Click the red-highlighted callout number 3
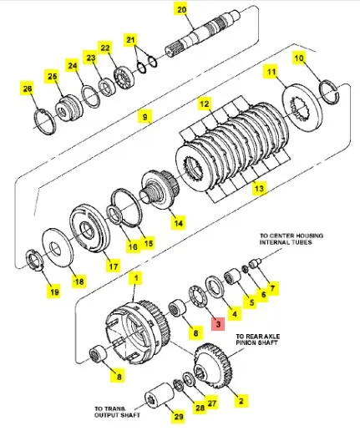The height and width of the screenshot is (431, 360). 218,324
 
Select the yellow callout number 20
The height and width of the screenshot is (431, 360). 182,10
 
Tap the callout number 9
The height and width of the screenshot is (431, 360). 145,116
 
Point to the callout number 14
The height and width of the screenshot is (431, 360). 178,222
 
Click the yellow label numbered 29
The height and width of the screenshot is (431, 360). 179,416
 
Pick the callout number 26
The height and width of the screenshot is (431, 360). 28,89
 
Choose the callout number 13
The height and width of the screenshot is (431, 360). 259,188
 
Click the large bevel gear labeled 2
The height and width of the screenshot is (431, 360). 214,365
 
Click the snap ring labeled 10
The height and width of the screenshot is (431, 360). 330,92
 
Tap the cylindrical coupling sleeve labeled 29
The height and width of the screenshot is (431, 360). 160,395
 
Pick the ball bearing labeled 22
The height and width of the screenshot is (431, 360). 124,77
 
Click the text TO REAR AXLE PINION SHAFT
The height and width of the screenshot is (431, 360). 258,339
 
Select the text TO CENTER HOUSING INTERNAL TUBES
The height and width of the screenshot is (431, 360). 292,239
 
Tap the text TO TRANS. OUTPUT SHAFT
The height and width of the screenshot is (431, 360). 117,412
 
